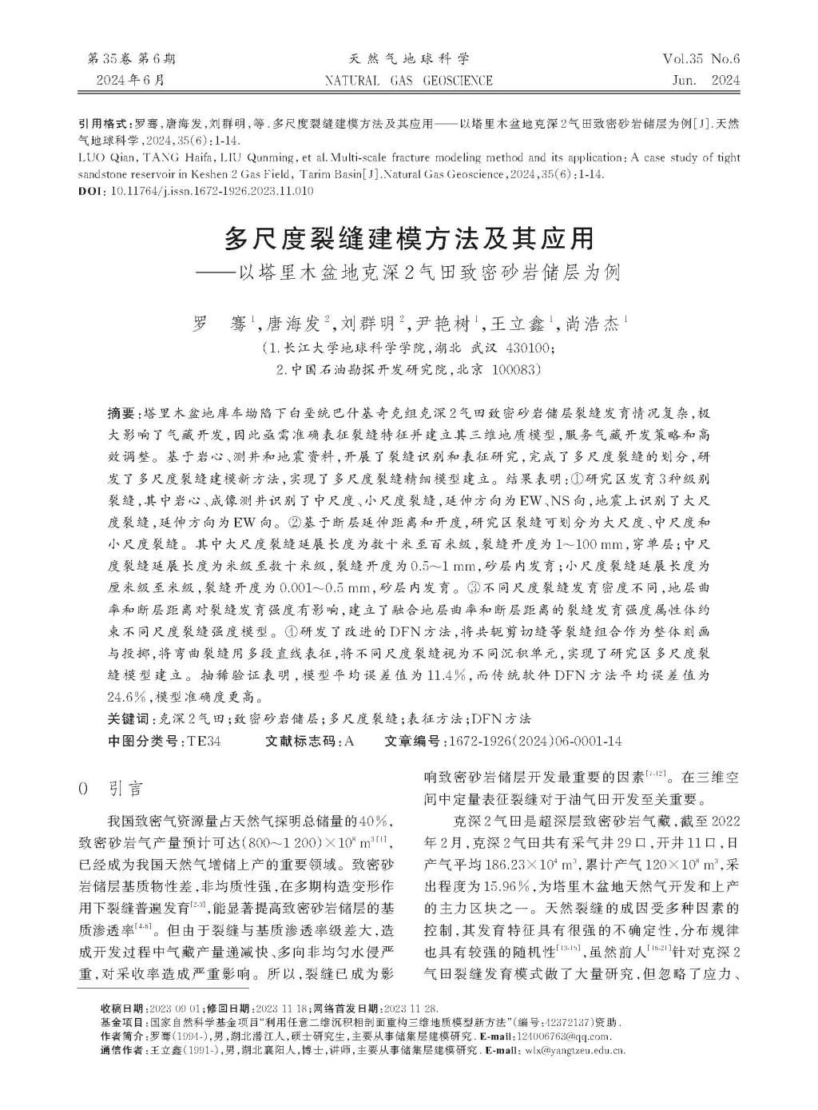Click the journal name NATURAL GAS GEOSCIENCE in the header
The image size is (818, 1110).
tap(409, 80)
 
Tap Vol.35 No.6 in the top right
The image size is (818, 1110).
tap(701, 59)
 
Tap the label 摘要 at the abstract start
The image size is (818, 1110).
tap(121, 412)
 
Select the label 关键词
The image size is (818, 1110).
tap(127, 718)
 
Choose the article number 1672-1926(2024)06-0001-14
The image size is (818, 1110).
tap(537, 741)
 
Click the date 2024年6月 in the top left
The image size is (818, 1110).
tap(130, 80)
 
